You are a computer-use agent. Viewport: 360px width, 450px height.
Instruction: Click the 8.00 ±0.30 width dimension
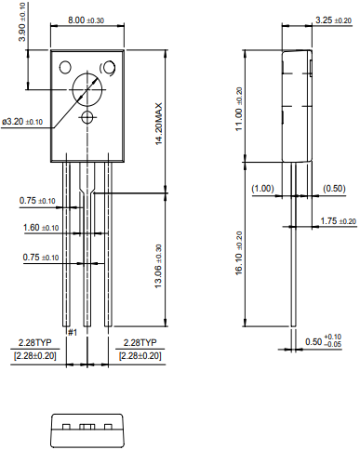click(x=86, y=20)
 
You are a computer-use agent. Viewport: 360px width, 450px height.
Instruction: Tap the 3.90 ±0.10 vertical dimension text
click(x=22, y=22)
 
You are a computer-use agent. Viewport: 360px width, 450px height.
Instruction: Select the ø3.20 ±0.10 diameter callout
click(x=22, y=122)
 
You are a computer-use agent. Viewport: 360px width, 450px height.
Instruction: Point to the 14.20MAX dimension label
click(x=159, y=124)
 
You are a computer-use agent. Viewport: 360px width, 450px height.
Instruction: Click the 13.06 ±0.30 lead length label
click(x=158, y=266)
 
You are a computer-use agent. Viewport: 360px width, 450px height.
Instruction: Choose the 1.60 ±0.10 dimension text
click(x=41, y=228)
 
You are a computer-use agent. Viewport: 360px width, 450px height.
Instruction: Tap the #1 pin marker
click(x=73, y=333)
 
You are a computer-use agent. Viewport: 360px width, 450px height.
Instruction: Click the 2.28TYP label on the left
click(x=35, y=343)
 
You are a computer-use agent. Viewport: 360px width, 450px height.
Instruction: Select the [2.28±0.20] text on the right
click(x=140, y=356)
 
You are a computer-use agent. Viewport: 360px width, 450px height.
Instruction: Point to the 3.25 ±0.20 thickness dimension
click(x=334, y=20)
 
